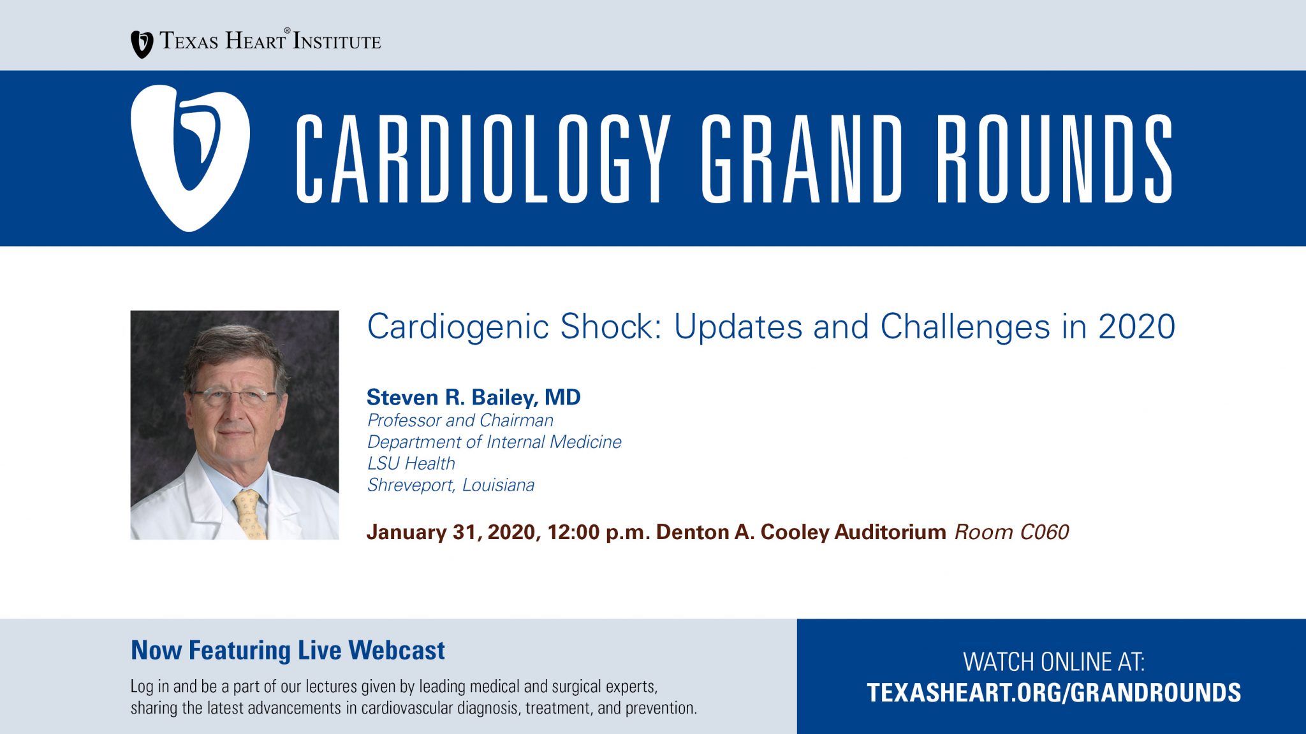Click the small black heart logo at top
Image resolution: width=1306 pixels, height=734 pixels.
(x=142, y=44)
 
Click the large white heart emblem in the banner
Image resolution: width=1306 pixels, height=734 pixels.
(x=190, y=158)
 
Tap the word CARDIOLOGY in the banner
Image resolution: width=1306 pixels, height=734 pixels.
(x=483, y=159)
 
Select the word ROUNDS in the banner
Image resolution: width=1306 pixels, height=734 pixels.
(x=1054, y=159)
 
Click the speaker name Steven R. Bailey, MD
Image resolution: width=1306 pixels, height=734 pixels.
(x=473, y=398)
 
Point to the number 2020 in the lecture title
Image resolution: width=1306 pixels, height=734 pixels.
(x=1136, y=327)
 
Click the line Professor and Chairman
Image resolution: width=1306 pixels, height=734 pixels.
(x=460, y=421)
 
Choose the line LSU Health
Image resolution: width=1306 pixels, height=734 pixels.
(x=411, y=463)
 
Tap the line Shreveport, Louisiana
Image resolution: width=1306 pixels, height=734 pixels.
(x=450, y=486)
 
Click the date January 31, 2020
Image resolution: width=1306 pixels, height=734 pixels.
(x=453, y=533)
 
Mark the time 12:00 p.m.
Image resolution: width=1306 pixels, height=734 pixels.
(x=598, y=533)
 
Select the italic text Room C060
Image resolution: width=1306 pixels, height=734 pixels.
(x=1011, y=532)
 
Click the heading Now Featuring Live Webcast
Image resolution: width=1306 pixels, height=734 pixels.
(x=288, y=651)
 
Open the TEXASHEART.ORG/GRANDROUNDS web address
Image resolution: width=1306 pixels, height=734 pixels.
(x=1053, y=693)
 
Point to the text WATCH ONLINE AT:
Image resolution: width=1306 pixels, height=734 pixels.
(x=1053, y=662)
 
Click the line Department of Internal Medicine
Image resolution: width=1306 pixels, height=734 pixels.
(x=494, y=442)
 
